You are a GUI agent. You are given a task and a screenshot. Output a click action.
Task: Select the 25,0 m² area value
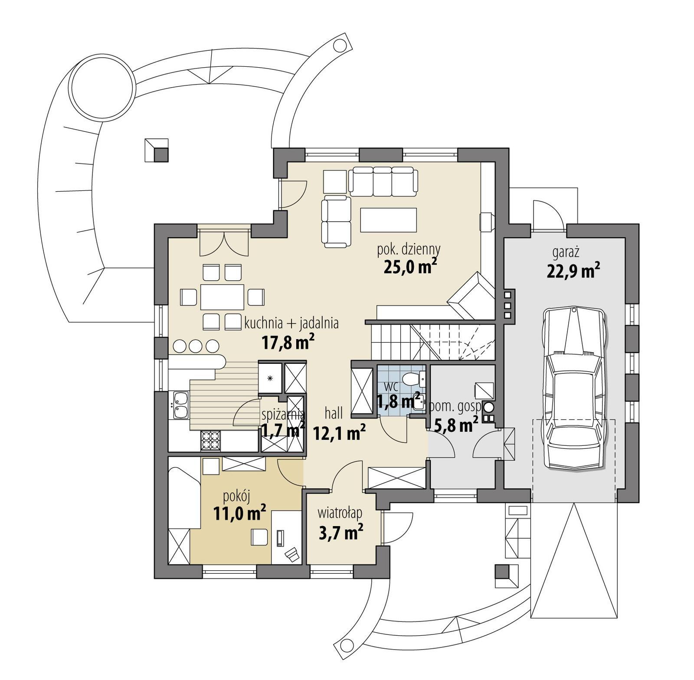tap(409, 267)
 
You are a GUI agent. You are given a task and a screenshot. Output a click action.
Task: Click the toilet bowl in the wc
tap(410, 379)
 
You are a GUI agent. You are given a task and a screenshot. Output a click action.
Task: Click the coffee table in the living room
tap(388, 220)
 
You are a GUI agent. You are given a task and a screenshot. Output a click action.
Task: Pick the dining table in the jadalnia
tap(222, 297)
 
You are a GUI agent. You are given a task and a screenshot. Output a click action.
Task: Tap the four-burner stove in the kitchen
tap(211, 440)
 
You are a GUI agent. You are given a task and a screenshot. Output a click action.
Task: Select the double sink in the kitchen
tap(180, 405)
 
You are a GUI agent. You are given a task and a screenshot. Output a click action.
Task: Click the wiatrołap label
tap(340, 513)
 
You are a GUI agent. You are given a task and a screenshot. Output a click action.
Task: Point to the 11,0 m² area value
tap(239, 513)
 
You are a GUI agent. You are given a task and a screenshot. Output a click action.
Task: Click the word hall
tap(334, 413)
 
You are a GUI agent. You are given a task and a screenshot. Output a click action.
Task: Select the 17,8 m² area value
tap(288, 343)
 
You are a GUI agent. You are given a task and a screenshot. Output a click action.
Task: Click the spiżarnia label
tap(283, 414)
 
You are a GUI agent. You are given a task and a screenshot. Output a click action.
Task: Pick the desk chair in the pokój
tap(259, 537)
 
